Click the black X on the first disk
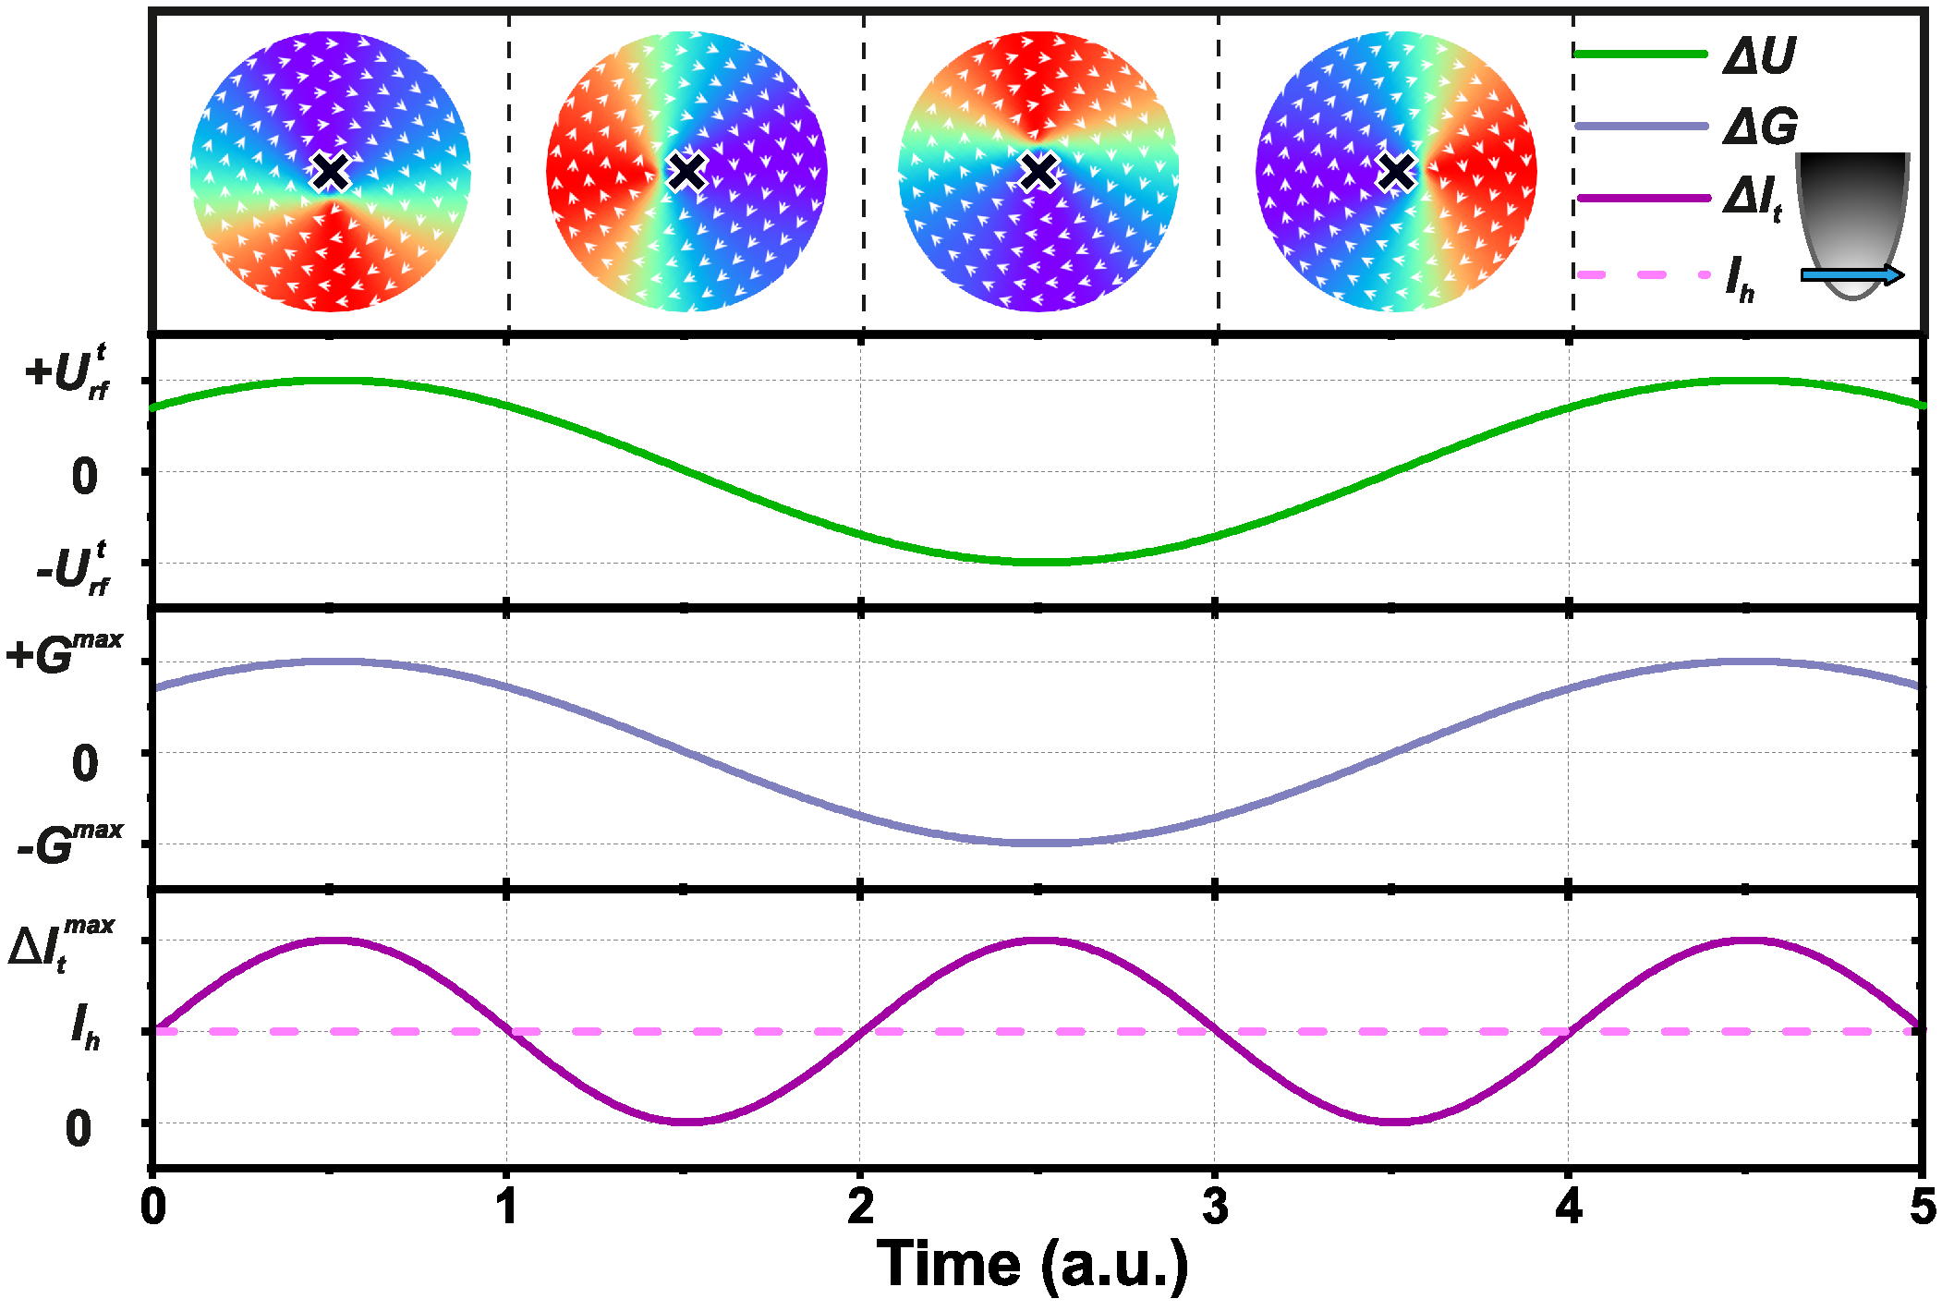[330, 171]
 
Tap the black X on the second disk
[686, 171]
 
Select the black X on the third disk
[1038, 171]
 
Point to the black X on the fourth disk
[1395, 171]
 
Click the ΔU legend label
[1758, 55]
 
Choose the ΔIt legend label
[1752, 199]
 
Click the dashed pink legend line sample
[1643, 274]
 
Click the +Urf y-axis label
[67, 373]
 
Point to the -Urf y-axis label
[72, 569]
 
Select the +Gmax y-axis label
[65, 653]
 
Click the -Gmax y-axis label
[70, 843]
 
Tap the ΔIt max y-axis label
[61, 943]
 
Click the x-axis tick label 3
[1215, 1207]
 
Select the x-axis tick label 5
[1922, 1207]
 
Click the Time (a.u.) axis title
[1032, 1263]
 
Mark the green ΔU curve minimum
[1038, 562]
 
